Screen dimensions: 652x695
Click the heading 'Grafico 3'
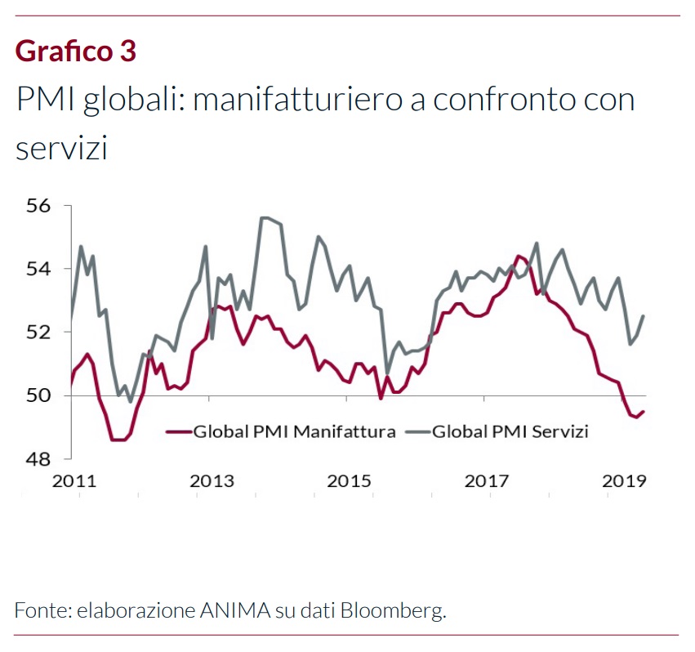click(x=75, y=51)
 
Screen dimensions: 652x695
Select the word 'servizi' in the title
click(x=62, y=147)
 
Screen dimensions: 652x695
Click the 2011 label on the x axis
click(x=74, y=481)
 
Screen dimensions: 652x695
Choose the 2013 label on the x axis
click(x=212, y=481)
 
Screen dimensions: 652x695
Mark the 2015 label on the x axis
click(x=350, y=481)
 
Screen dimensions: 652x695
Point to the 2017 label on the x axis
click(x=487, y=481)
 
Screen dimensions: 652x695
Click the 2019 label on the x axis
click(x=624, y=481)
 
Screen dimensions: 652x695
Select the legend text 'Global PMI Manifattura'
click(x=294, y=431)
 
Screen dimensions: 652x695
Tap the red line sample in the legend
click(x=178, y=431)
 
